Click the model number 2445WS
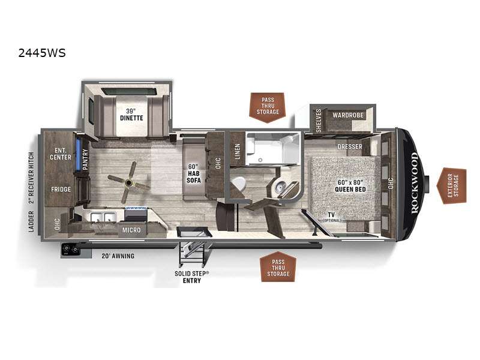tap(42, 53)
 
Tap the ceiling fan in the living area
tap(129, 183)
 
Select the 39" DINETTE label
tap(131, 115)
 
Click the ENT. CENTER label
tap(61, 154)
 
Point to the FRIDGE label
tap(61, 190)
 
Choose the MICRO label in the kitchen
tap(131, 230)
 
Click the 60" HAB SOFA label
tap(194, 173)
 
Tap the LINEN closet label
tap(237, 152)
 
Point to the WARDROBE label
tap(348, 115)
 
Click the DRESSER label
tap(350, 146)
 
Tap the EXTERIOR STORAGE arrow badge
tap(452, 185)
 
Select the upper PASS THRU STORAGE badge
tap(268, 107)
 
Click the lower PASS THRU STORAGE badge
tap(278, 267)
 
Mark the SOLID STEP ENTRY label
tap(192, 277)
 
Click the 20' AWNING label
tap(118, 256)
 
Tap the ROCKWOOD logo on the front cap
tap(414, 183)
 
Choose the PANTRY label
tap(85, 159)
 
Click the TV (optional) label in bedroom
tap(332, 217)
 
